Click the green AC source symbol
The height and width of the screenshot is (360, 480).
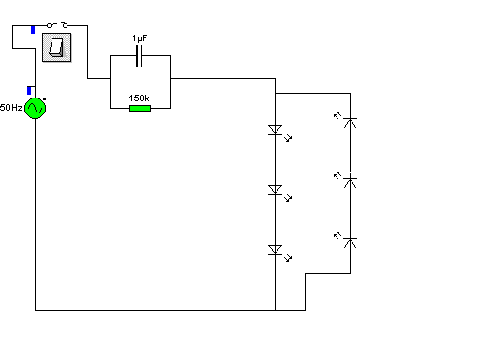click(x=35, y=108)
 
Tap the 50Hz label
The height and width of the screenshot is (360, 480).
click(x=11, y=108)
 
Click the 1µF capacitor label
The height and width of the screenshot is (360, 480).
click(x=140, y=38)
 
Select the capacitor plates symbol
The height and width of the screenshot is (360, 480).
click(x=140, y=55)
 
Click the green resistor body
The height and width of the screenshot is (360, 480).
click(x=140, y=108)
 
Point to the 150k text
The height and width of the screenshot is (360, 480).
click(x=139, y=98)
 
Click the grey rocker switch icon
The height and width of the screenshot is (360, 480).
click(x=57, y=48)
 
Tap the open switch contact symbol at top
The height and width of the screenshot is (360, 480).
click(x=57, y=24)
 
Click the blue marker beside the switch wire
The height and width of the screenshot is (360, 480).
click(x=33, y=30)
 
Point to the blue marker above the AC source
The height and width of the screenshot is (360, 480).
click(x=29, y=91)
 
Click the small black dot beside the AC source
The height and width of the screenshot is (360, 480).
click(x=45, y=99)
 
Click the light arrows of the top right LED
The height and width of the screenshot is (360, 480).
click(x=337, y=115)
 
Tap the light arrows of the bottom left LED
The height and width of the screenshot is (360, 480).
click(x=288, y=258)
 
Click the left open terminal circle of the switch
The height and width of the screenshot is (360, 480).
click(x=49, y=25)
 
